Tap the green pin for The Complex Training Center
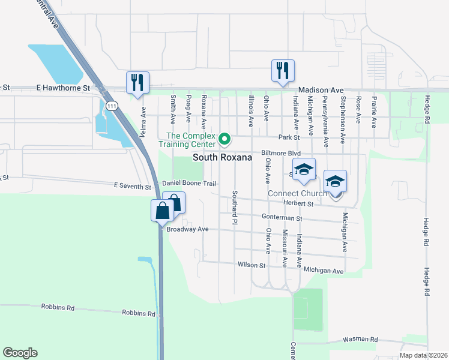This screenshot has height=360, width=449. (x=225, y=139)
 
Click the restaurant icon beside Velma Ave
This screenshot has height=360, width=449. (x=137, y=83)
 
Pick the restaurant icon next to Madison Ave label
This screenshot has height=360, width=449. (x=282, y=70)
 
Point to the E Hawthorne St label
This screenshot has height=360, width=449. (x=62, y=88)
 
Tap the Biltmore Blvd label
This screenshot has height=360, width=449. (x=280, y=153)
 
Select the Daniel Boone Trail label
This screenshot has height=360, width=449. (x=188, y=182)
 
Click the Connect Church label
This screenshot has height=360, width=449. (x=298, y=193)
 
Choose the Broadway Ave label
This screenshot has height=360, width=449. (x=187, y=229)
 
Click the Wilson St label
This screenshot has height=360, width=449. (x=252, y=265)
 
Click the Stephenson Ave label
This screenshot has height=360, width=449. (x=343, y=112)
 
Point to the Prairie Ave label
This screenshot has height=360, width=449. (x=373, y=112)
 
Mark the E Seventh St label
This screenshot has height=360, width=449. (x=133, y=187)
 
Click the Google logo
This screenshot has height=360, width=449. (x=20, y=353)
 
